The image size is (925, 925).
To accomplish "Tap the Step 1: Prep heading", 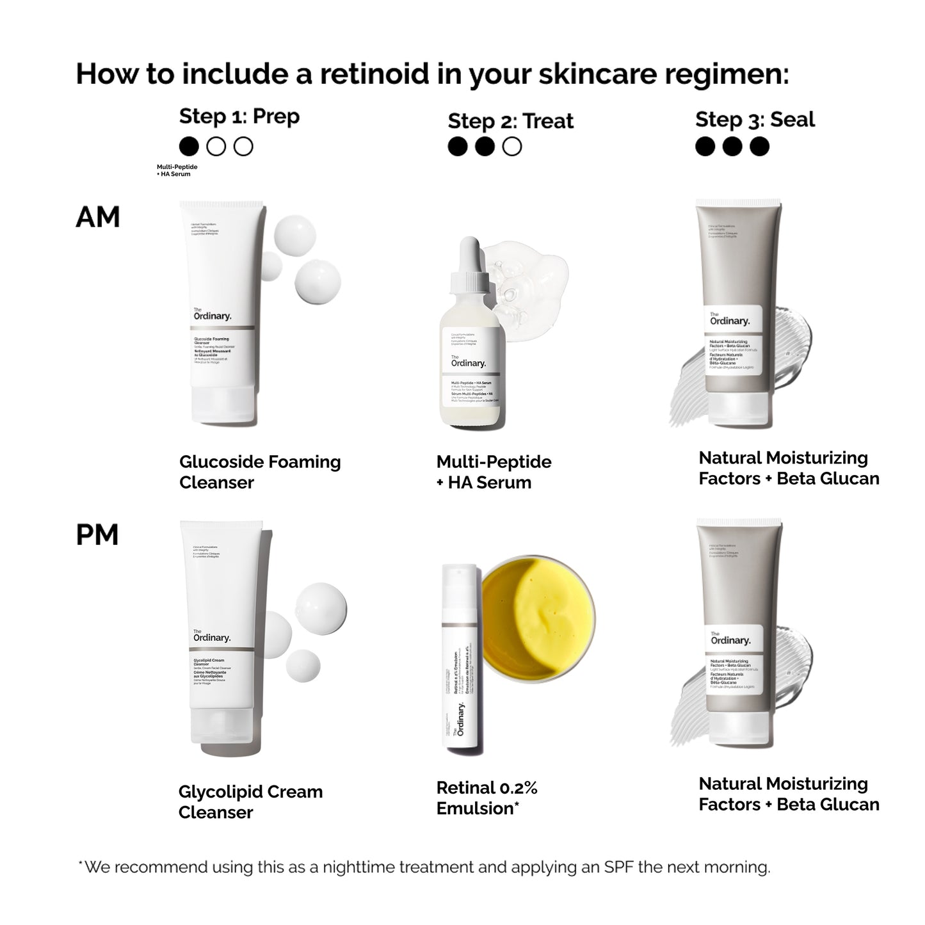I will [239, 117].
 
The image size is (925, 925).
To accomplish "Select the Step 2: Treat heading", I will [510, 121].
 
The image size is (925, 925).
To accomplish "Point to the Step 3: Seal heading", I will [755, 120].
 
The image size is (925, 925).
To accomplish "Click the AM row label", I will [97, 217].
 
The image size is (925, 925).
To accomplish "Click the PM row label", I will [97, 535].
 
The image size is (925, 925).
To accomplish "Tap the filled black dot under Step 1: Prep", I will [189, 147].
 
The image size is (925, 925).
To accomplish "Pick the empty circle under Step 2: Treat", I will [511, 147].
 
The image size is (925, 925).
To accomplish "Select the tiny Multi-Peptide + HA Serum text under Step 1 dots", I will [177, 170].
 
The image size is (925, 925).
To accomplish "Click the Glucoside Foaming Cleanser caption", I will [259, 472].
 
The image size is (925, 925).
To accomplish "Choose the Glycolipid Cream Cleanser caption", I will [250, 801].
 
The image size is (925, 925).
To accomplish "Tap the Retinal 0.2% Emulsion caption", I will [487, 798].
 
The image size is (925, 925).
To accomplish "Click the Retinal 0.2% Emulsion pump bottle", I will [462, 659].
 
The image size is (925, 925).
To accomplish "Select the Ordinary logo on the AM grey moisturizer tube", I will [729, 319].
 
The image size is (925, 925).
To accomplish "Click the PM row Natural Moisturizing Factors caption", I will [788, 794].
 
